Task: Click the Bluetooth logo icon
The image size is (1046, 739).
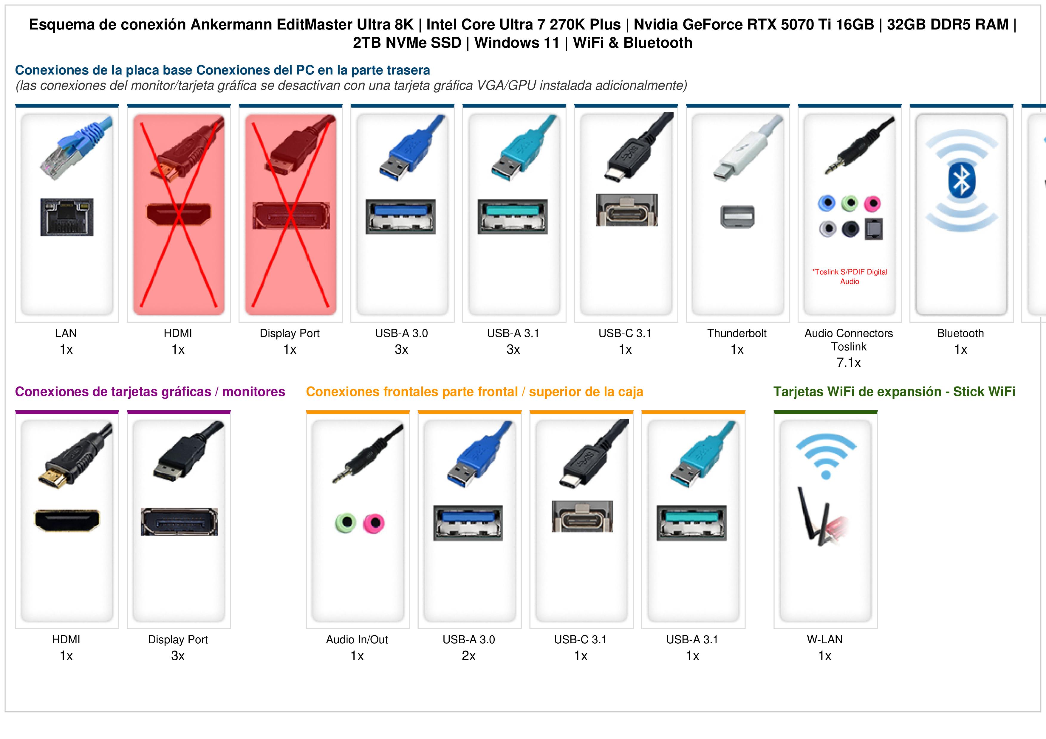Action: (x=961, y=180)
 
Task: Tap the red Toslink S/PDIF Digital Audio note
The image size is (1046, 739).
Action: (x=850, y=277)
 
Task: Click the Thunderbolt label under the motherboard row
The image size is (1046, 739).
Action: (x=737, y=333)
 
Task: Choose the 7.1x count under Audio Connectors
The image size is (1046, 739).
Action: (x=849, y=362)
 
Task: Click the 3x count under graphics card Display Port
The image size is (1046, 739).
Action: (x=178, y=656)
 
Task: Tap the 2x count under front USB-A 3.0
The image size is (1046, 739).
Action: (x=468, y=656)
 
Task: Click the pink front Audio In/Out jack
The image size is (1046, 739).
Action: (x=374, y=523)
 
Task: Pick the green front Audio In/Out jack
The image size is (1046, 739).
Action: (x=345, y=523)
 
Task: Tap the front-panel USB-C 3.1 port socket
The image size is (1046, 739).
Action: (x=582, y=516)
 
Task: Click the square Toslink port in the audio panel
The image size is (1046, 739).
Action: (x=873, y=229)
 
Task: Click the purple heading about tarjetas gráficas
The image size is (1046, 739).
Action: (x=150, y=392)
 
